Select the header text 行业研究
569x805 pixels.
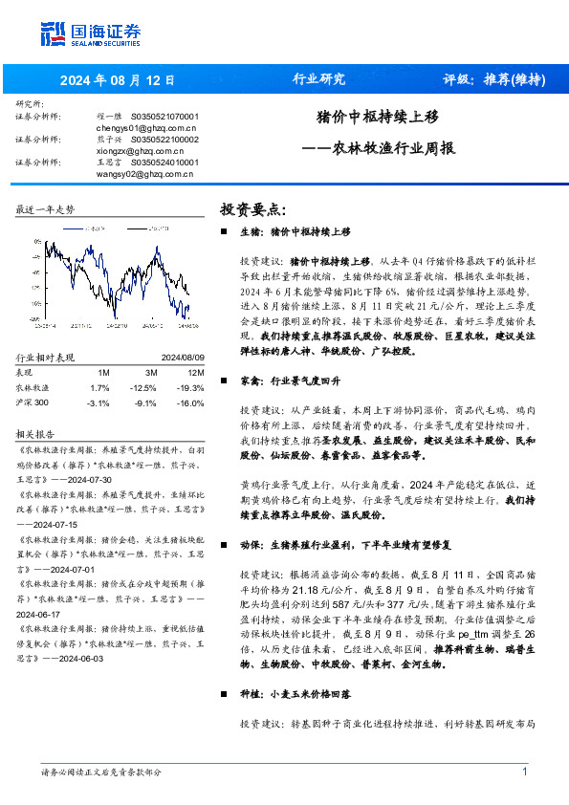[x=317, y=79]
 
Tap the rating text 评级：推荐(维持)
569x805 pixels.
[x=494, y=79]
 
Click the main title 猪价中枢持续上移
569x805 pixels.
[x=377, y=118]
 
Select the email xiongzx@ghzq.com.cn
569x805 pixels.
[x=142, y=151]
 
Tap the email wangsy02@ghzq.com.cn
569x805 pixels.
[x=146, y=174]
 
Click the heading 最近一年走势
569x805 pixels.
[x=45, y=208]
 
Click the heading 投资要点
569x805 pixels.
[x=253, y=209]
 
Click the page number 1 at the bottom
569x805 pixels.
[x=525, y=772]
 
